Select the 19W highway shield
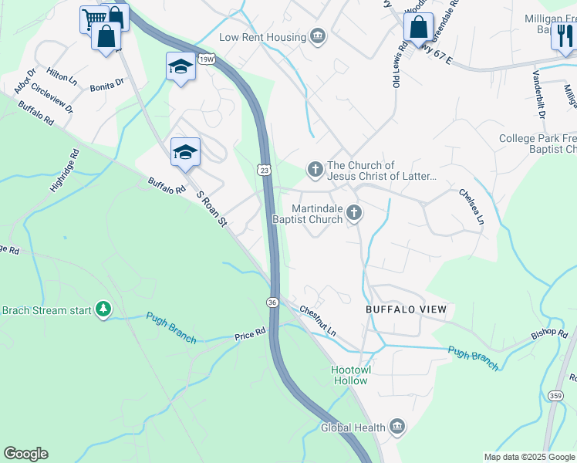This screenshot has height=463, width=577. pos(205,59)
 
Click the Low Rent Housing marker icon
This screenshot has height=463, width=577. pos(317,36)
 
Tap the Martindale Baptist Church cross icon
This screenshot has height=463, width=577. pos(354,213)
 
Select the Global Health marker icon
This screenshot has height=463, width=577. pos(396,427)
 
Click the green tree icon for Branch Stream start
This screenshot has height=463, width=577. pos(103,310)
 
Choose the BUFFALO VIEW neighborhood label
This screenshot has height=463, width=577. pos(406,309)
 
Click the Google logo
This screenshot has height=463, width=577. pos(25,454)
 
